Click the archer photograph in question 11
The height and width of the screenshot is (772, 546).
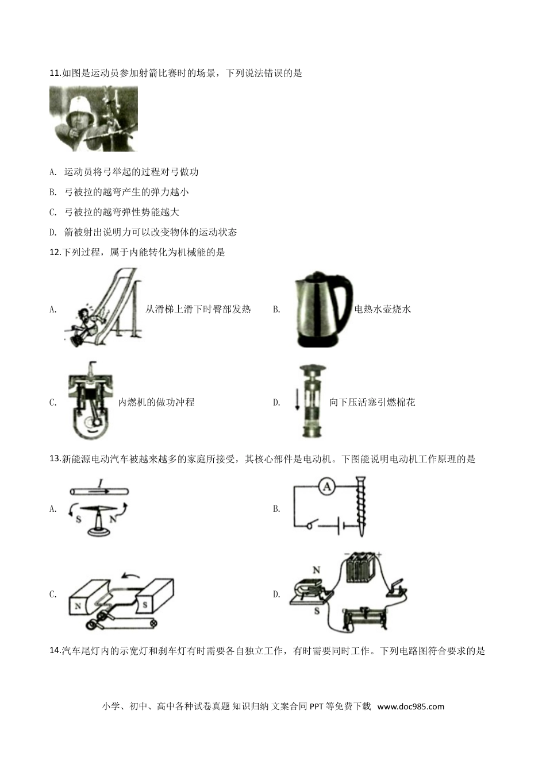coord(94,119)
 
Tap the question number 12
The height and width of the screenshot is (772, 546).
coord(55,252)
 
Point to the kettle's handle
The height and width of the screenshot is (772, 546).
coord(344,304)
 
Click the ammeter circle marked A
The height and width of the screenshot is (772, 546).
coord(327,487)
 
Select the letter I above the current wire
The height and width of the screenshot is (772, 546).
coord(100,484)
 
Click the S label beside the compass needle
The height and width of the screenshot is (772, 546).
coord(79,519)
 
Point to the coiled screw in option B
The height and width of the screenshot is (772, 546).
coord(360,506)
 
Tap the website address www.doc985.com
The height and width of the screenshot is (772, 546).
coord(410,707)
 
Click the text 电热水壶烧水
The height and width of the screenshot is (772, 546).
coord(383,309)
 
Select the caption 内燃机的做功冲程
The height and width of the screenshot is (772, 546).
coord(156,402)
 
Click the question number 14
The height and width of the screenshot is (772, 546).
coord(55,651)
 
